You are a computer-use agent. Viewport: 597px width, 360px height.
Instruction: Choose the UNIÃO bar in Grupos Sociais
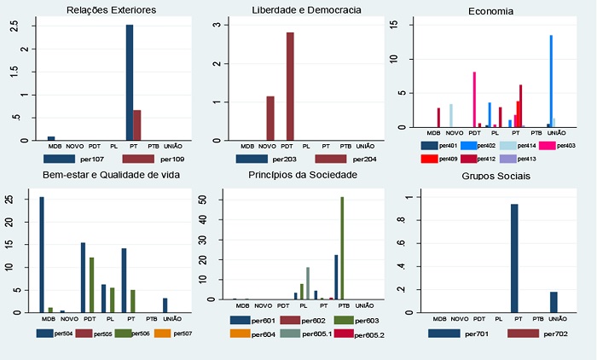click(x=554, y=303)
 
